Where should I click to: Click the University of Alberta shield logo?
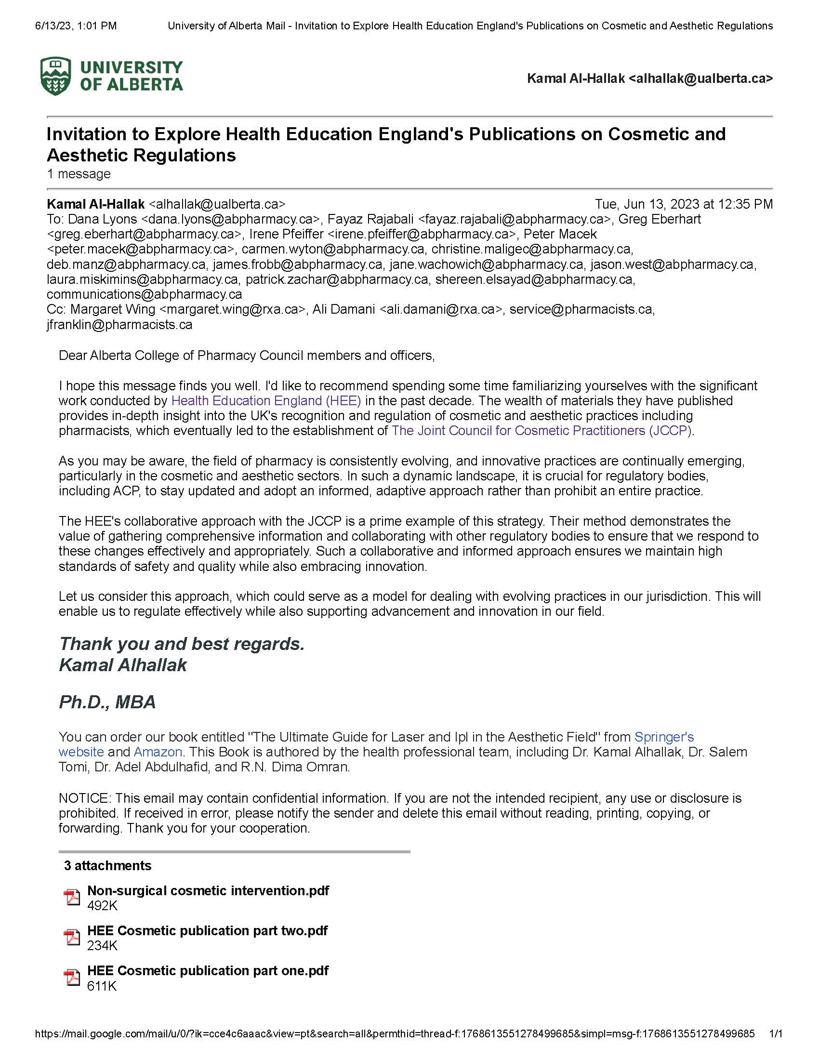56,76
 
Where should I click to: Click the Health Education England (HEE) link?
266,401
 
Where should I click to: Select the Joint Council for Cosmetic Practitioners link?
542,431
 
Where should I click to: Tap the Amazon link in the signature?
158,752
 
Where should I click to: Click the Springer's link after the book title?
664,737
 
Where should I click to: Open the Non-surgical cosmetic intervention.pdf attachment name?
208,890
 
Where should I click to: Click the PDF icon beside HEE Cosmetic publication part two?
72,937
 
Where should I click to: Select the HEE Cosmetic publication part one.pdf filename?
208,970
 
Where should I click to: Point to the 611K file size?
102,986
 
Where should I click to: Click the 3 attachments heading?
108,865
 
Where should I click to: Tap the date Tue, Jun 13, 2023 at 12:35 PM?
684,204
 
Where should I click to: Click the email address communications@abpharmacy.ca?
144,294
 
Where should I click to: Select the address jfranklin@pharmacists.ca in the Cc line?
119,325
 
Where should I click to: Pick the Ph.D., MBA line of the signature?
107,702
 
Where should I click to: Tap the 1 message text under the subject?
79,174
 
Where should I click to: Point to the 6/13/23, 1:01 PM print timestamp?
76,26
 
